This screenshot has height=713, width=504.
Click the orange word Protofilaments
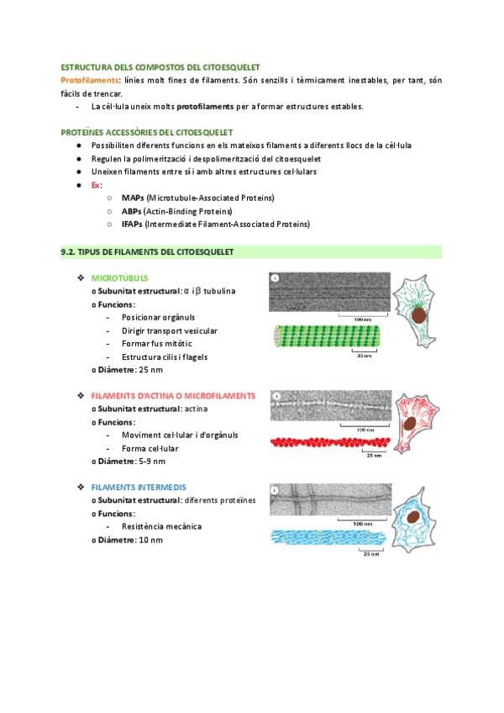(x=91, y=80)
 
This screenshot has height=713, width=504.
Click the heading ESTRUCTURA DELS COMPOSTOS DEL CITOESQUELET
(x=160, y=66)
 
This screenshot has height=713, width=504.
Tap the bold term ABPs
(x=131, y=211)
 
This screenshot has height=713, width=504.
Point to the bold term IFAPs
(x=132, y=224)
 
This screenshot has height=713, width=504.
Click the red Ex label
(x=96, y=185)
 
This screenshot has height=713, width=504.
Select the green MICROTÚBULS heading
(x=119, y=277)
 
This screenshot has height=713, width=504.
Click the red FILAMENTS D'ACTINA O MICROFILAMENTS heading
(x=173, y=395)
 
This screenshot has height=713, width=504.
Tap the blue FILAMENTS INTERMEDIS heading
(x=139, y=487)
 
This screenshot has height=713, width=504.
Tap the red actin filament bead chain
(x=330, y=441)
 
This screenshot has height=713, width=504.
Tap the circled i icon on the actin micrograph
(x=276, y=394)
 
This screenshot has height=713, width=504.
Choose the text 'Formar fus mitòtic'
(x=156, y=344)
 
